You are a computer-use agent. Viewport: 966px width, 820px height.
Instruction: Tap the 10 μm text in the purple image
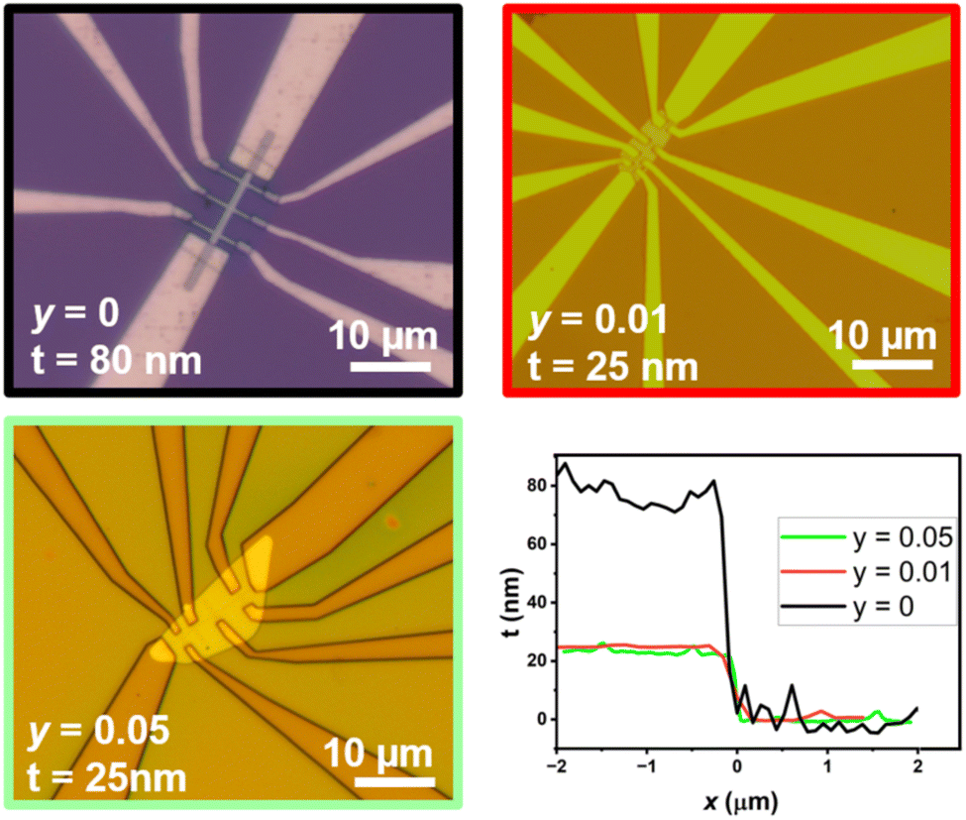click(x=383, y=334)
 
